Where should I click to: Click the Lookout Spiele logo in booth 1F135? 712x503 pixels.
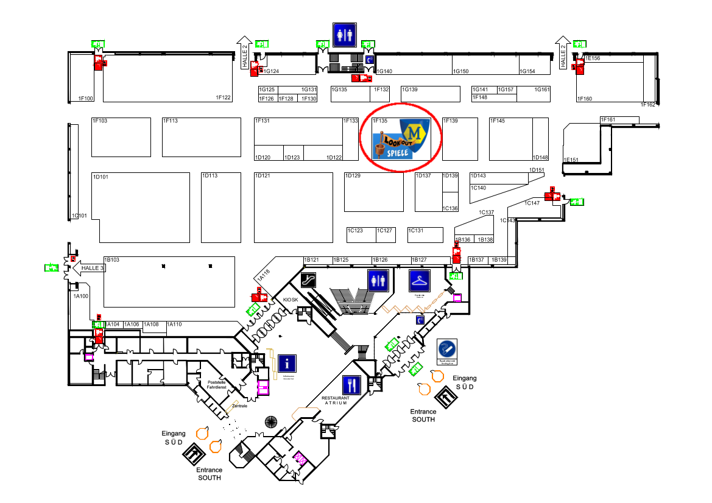(x=401, y=139)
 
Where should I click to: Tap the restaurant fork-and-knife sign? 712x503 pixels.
(x=351, y=385)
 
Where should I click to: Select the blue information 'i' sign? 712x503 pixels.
(x=287, y=364)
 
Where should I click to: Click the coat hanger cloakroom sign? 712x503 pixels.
(x=420, y=281)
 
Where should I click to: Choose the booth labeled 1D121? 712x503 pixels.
(x=293, y=208)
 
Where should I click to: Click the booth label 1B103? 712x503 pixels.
(x=112, y=260)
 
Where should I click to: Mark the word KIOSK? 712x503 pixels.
(x=291, y=300)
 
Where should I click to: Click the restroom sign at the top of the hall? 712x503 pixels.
(x=344, y=35)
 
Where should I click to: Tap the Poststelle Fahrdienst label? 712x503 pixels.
(x=216, y=384)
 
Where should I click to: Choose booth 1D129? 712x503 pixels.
(x=373, y=192)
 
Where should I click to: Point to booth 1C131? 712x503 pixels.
(x=425, y=234)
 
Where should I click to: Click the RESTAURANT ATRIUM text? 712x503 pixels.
(x=335, y=400)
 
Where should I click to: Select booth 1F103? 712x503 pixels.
(x=121, y=137)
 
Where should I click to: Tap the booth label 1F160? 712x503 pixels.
(x=584, y=99)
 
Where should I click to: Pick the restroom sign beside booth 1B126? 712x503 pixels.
(x=378, y=281)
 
